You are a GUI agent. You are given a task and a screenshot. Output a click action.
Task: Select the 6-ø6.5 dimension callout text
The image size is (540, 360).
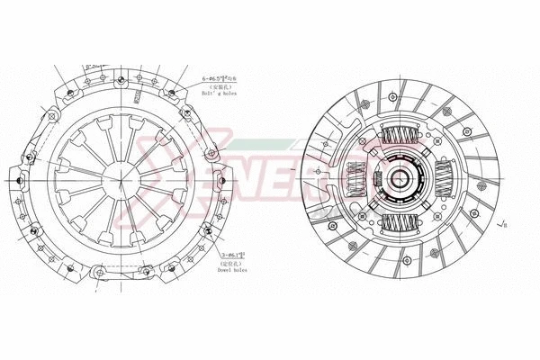tap(224, 79)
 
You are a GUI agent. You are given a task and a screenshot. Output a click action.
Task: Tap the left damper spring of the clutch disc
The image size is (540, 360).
tap(356, 182)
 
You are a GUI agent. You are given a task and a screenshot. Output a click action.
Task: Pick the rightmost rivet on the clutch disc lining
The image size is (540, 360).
tap(503, 180)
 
